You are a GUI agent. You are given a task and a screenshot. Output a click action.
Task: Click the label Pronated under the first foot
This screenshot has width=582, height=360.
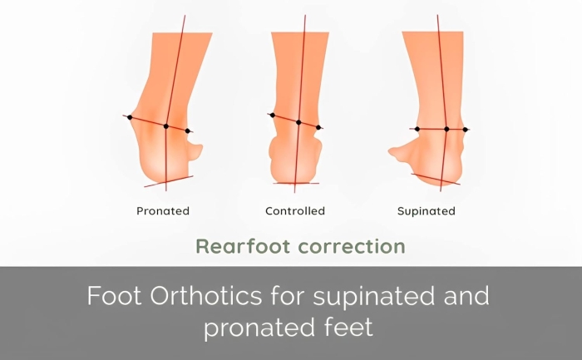pyautogui.click(x=163, y=211)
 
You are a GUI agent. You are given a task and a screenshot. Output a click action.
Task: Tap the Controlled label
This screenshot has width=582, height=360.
pyautogui.click(x=295, y=211)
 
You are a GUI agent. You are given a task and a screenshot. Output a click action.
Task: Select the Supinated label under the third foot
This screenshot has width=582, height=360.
pyautogui.click(x=426, y=211)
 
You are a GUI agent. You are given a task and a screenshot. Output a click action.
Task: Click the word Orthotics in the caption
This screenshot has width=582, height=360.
pyautogui.click(x=206, y=295)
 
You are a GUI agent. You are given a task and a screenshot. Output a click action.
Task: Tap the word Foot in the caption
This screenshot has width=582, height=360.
pyautogui.click(x=115, y=295)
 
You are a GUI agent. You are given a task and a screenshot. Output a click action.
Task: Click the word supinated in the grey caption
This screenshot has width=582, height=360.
pyautogui.click(x=374, y=296)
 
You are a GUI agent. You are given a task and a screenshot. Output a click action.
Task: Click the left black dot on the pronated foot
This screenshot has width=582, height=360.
pyautogui.click(x=130, y=117)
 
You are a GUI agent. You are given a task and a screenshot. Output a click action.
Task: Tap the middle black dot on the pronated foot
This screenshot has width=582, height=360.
pyautogui.click(x=166, y=126)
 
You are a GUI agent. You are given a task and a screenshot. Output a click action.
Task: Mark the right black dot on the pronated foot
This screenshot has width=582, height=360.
pyautogui.click(x=187, y=131)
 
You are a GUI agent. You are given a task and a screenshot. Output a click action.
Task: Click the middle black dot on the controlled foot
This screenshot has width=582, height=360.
pyautogui.click(x=298, y=122)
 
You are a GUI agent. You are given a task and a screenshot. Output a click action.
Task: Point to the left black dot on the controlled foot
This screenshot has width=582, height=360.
pyautogui.click(x=273, y=116)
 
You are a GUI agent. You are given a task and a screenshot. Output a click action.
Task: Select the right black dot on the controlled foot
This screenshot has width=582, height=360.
pyautogui.click(x=318, y=127)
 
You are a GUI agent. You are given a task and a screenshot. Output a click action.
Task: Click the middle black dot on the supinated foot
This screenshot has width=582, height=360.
pyautogui.click(x=446, y=129)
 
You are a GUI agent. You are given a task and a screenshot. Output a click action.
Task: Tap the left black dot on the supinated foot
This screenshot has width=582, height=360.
pyautogui.click(x=417, y=129)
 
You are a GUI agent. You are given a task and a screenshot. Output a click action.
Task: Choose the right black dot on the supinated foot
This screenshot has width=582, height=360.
pyautogui.click(x=465, y=130)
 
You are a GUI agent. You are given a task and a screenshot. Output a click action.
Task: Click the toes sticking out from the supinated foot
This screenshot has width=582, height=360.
pyautogui.click(x=400, y=153)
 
